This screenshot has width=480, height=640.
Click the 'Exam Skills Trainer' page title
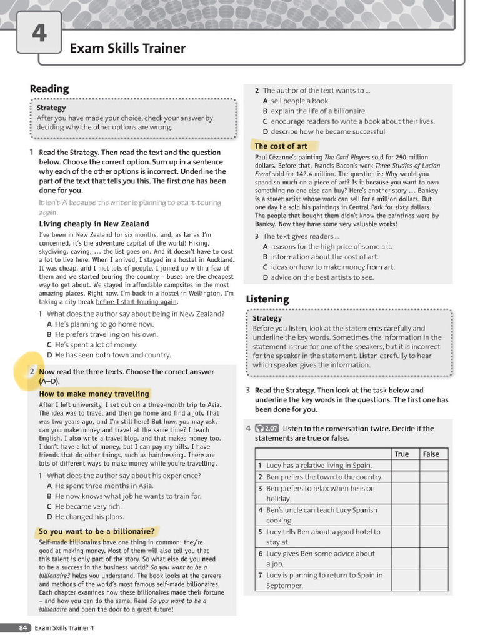point(127,48)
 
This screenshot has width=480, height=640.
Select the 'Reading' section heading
point(49,89)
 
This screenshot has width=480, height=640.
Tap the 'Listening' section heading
point(267,299)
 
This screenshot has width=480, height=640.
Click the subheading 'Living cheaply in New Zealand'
point(94,224)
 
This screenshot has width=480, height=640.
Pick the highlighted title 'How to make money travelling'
point(94,394)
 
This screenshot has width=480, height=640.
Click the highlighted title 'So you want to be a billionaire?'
point(96,532)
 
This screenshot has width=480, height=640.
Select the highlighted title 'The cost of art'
point(281,146)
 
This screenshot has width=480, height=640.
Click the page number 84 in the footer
point(23,627)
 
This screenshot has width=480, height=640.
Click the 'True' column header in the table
point(402,454)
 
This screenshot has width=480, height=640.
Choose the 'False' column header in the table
point(431,454)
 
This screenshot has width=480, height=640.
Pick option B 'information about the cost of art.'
point(320,257)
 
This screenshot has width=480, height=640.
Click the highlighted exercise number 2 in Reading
point(32,372)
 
